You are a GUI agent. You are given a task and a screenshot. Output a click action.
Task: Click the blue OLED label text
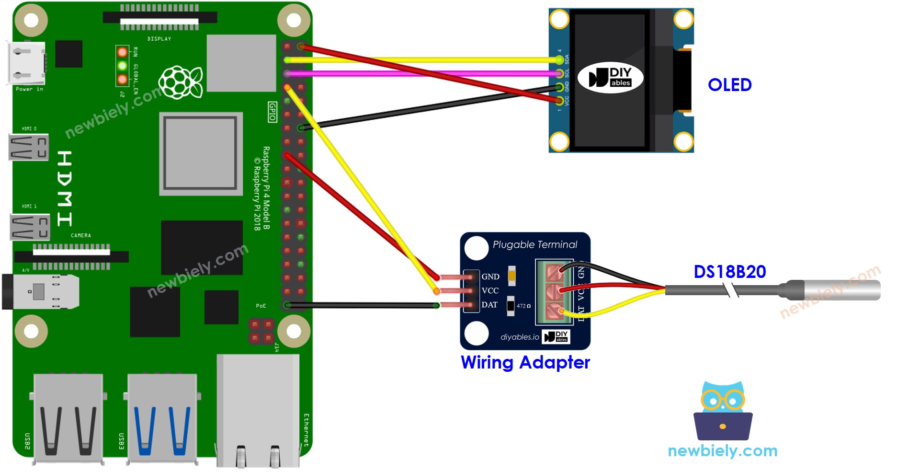pos(729,85)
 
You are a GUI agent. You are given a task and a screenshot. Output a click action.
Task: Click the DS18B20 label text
pos(729,272)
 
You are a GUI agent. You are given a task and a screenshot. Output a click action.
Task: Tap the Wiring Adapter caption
pos(525,362)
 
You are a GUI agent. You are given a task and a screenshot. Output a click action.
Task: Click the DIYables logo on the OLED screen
pos(610,78)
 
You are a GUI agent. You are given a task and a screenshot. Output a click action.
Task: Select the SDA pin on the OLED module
pos(559,60)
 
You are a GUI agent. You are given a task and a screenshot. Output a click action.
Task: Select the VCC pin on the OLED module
pos(559,100)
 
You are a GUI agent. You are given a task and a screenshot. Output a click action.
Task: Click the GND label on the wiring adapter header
pos(490,276)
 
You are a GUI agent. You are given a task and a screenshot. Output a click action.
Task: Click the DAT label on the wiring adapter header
pos(489,305)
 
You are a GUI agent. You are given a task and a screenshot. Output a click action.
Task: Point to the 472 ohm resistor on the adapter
pos(511,305)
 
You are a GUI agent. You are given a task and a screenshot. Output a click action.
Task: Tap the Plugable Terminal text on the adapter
pos(534,245)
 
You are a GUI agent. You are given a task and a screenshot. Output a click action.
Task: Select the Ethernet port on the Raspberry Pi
pos(259,412)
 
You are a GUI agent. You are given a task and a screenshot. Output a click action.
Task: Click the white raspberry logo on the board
pos(181,82)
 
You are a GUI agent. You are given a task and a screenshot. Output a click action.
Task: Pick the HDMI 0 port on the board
pos(28,147)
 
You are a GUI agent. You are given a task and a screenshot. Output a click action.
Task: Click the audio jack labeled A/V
pos(41,291)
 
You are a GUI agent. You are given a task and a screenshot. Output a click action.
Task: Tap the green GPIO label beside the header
pos(272,112)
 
